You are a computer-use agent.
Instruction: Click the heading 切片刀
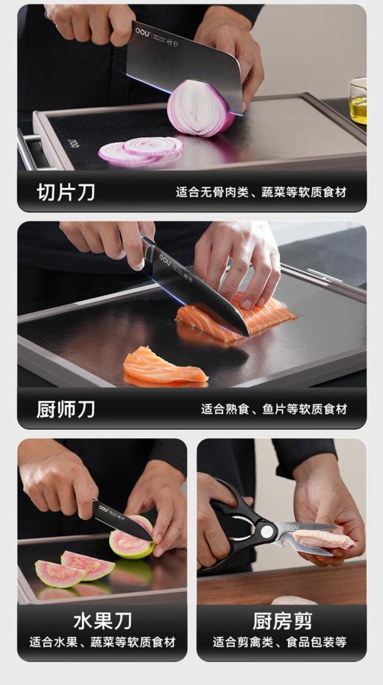pos(66,192)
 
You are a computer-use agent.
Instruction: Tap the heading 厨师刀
pos(66,408)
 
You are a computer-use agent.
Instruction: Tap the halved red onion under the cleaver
pos(200,108)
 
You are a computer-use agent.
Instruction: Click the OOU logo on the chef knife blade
pos(164,259)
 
